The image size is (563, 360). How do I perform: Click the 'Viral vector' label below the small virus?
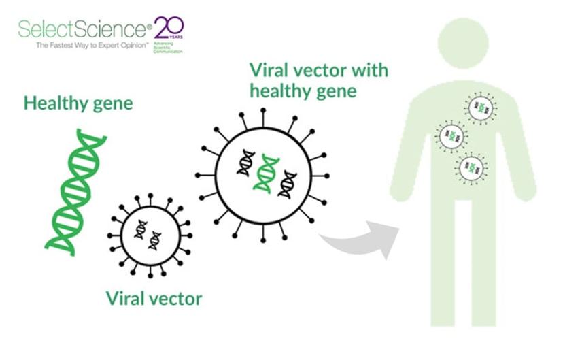[x=154, y=297]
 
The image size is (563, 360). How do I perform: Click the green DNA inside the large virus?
[x=266, y=172]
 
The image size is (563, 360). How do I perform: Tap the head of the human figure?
[x=464, y=39]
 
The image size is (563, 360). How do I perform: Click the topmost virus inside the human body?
[x=481, y=108]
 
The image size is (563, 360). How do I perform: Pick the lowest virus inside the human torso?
[x=471, y=167]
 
